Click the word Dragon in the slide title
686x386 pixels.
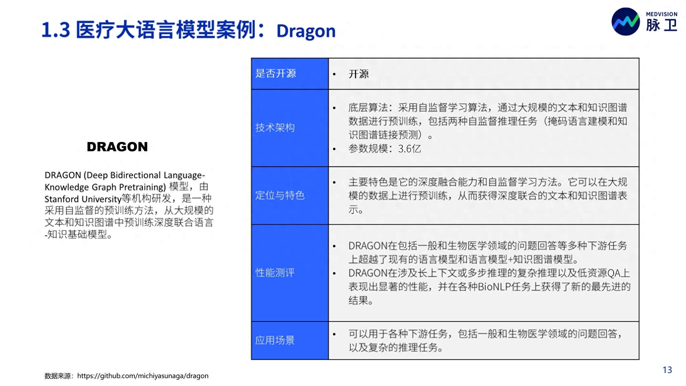[306, 31]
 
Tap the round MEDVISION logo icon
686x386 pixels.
[626, 22]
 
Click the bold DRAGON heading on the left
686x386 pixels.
[117, 147]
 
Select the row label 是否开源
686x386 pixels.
[275, 73]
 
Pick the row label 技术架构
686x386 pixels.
[275, 128]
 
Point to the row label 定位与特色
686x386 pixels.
[280, 195]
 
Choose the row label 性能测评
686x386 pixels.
[275, 273]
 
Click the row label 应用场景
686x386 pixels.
[275, 340]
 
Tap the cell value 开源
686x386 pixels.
[359, 74]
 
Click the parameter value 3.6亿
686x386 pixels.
[410, 149]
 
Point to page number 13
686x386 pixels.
[667, 370]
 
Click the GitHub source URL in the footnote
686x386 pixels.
[143, 376]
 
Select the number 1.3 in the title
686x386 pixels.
[56, 30]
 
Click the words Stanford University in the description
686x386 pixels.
[83, 199]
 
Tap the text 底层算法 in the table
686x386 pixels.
[368, 107]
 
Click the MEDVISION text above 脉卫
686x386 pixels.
[662, 14]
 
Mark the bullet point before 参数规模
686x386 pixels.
[334, 149]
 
